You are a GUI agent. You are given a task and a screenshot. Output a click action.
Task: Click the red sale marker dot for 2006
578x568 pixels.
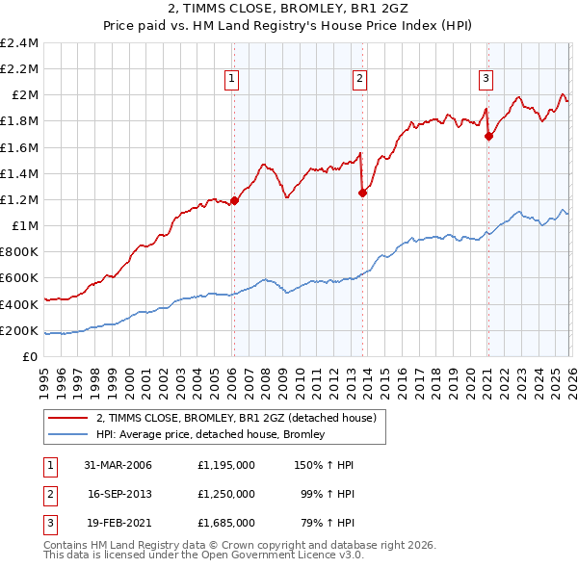[x=234, y=201]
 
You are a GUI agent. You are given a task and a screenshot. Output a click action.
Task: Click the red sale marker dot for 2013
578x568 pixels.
[x=362, y=193]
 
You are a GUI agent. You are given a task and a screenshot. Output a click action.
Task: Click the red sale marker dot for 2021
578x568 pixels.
[x=488, y=136]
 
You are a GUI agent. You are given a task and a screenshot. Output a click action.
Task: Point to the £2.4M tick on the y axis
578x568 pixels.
[x=19, y=43]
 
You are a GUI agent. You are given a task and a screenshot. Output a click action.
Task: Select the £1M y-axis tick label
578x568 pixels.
[x=24, y=226]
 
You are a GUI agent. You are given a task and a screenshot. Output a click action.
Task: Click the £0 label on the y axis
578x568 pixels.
[x=30, y=356]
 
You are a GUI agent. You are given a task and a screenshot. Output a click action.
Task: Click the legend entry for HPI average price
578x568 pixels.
[x=210, y=435]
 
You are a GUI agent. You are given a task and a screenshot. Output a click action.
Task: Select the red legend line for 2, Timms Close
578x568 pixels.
[x=67, y=418]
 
